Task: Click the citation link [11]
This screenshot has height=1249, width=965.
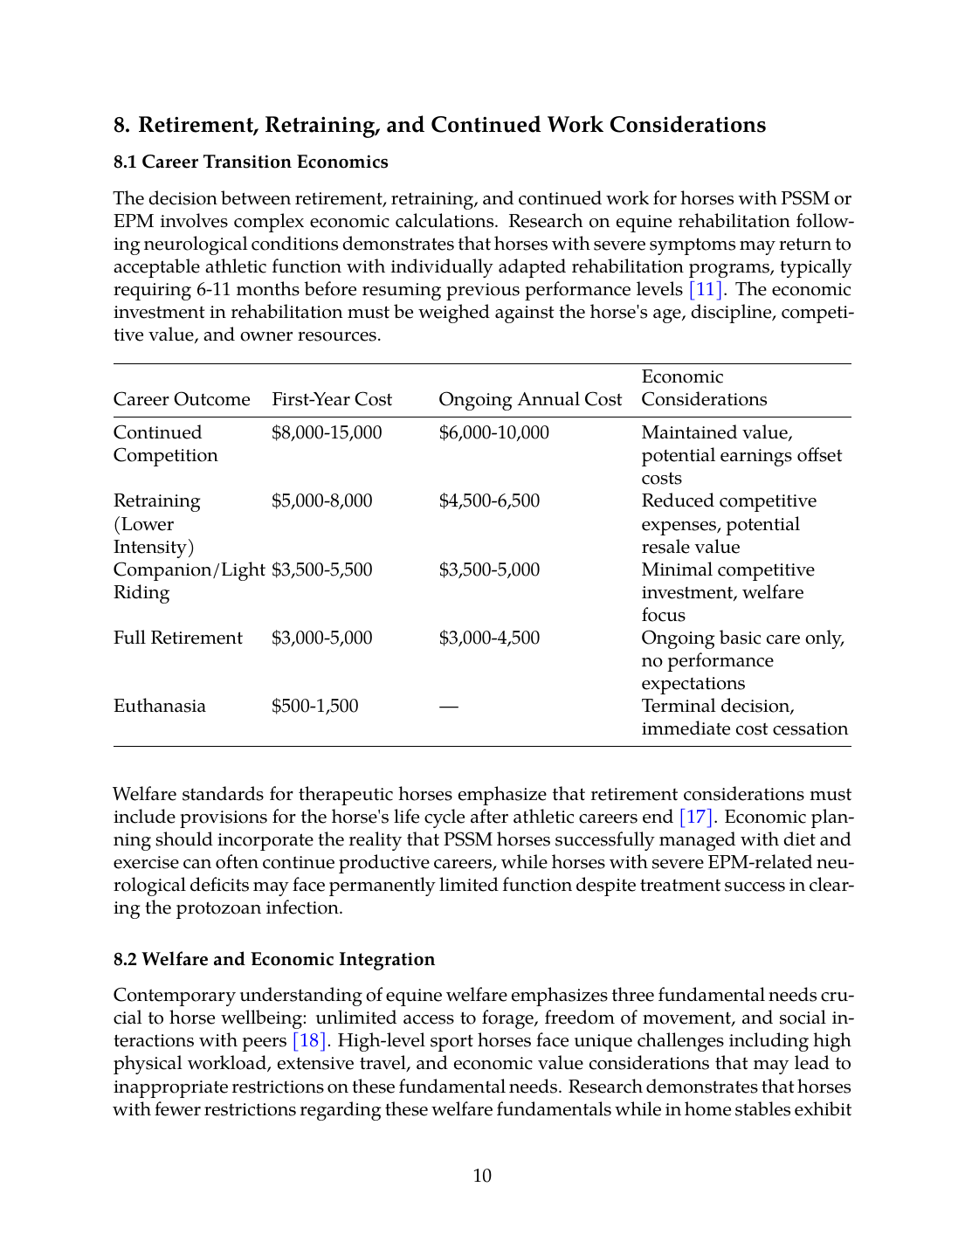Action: click(x=706, y=290)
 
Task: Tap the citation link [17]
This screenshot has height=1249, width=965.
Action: click(x=696, y=818)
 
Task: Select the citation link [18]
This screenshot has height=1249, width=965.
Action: click(x=309, y=1041)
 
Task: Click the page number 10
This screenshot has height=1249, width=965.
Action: click(x=482, y=1176)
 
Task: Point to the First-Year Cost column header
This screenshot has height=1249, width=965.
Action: click(x=332, y=400)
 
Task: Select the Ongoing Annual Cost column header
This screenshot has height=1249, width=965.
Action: click(x=530, y=400)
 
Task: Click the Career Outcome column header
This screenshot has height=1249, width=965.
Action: click(x=182, y=400)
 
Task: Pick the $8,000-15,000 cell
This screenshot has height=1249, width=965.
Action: click(x=327, y=433)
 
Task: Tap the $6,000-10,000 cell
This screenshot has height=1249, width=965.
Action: click(x=493, y=433)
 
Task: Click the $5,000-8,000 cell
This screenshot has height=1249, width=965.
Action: click(x=322, y=501)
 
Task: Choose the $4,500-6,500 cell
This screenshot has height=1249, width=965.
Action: click(x=489, y=501)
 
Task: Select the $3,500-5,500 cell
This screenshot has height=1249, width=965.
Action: click(x=322, y=570)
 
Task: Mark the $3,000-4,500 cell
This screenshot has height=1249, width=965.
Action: click(x=489, y=638)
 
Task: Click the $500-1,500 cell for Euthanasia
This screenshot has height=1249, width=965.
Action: click(x=315, y=707)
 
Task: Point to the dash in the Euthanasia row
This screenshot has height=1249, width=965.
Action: click(x=448, y=707)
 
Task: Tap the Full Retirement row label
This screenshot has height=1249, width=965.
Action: click(x=178, y=638)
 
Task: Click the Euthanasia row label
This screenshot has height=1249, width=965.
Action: click(x=160, y=707)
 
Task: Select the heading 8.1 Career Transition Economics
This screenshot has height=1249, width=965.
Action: click(x=251, y=162)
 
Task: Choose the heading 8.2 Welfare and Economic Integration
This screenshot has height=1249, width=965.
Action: click(x=274, y=960)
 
